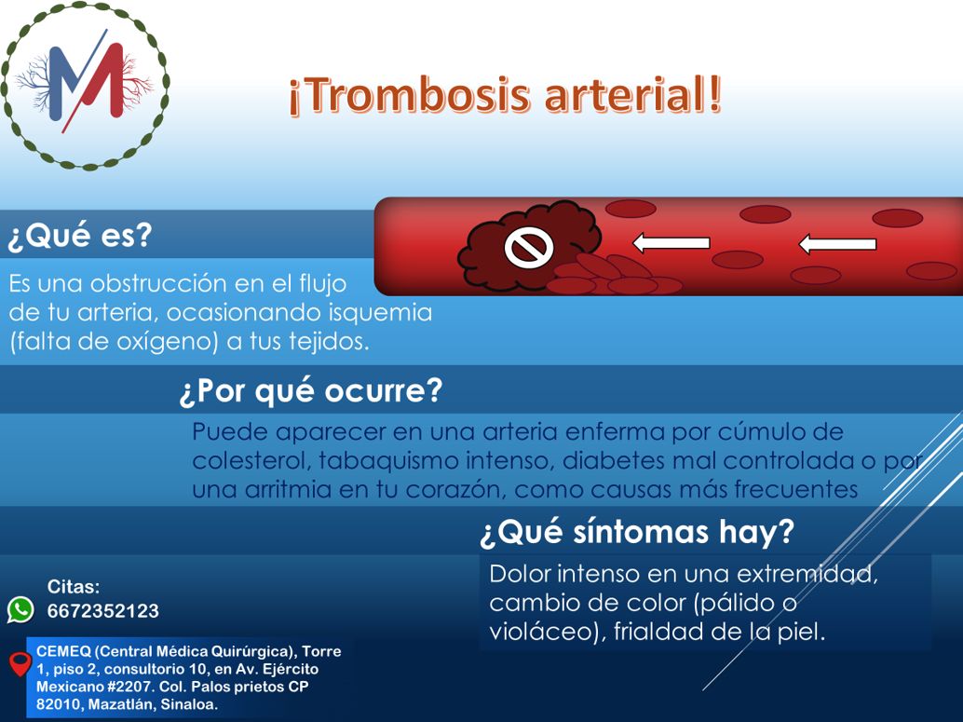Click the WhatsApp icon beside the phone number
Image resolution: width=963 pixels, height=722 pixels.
click(20, 610)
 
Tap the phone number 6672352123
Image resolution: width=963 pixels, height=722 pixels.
click(103, 611)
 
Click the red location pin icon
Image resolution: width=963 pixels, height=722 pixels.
click(20, 664)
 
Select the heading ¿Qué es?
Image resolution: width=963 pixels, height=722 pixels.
click(79, 236)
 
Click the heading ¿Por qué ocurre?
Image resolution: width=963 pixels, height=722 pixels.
click(311, 390)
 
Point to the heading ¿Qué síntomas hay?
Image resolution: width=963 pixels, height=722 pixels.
click(637, 532)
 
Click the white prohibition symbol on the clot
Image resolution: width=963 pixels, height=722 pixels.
click(529, 248)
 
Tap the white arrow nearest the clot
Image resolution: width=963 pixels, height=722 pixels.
click(671, 243)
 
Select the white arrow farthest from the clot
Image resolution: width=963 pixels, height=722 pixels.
click(837, 244)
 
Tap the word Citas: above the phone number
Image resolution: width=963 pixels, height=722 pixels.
click(74, 586)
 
